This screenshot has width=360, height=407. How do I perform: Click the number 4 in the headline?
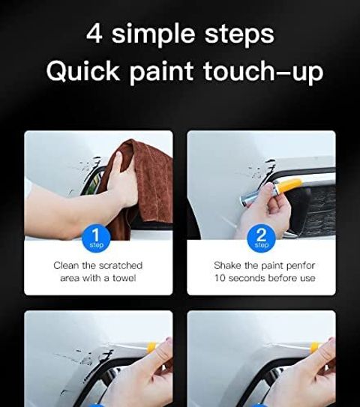coord(94,34)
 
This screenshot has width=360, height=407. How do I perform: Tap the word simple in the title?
coord(153,35)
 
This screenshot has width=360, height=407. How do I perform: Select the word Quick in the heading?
coord(82,71)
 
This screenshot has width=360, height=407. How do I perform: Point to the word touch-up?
coord(263,72)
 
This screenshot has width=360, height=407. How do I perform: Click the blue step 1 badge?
coord(96,238)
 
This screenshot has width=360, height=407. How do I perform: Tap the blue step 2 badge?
coord(261,238)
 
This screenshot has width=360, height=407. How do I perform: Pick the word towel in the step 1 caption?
coord(124,278)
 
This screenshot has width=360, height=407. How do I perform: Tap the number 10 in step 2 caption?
coord(220,278)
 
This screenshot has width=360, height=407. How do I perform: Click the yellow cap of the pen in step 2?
coord(289,185)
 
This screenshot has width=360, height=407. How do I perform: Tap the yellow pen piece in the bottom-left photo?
coord(151,348)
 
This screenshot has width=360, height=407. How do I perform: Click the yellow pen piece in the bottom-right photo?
coord(315,347)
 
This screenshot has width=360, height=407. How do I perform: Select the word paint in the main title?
coord(161,73)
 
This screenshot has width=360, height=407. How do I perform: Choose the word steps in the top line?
coord(239,36)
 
